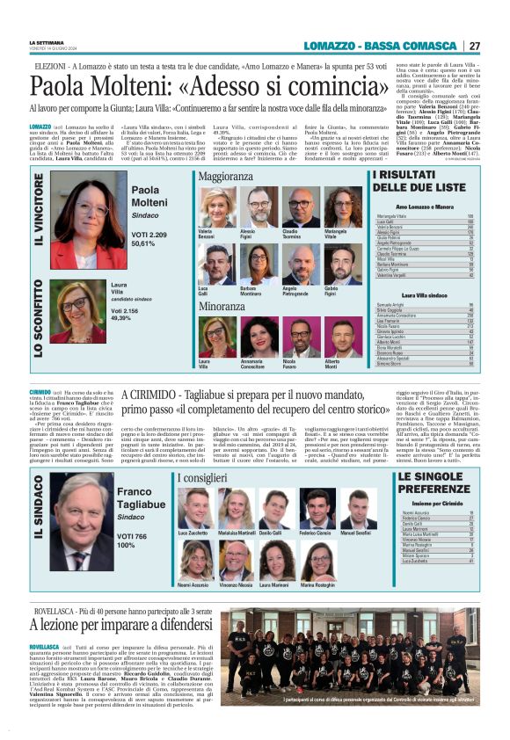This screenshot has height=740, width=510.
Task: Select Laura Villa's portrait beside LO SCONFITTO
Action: coord(81,311)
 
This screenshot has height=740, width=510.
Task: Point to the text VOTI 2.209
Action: coord(149,235)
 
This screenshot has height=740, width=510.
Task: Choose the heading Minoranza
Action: coord(222,306)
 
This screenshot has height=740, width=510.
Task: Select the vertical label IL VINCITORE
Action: coord(39,219)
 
